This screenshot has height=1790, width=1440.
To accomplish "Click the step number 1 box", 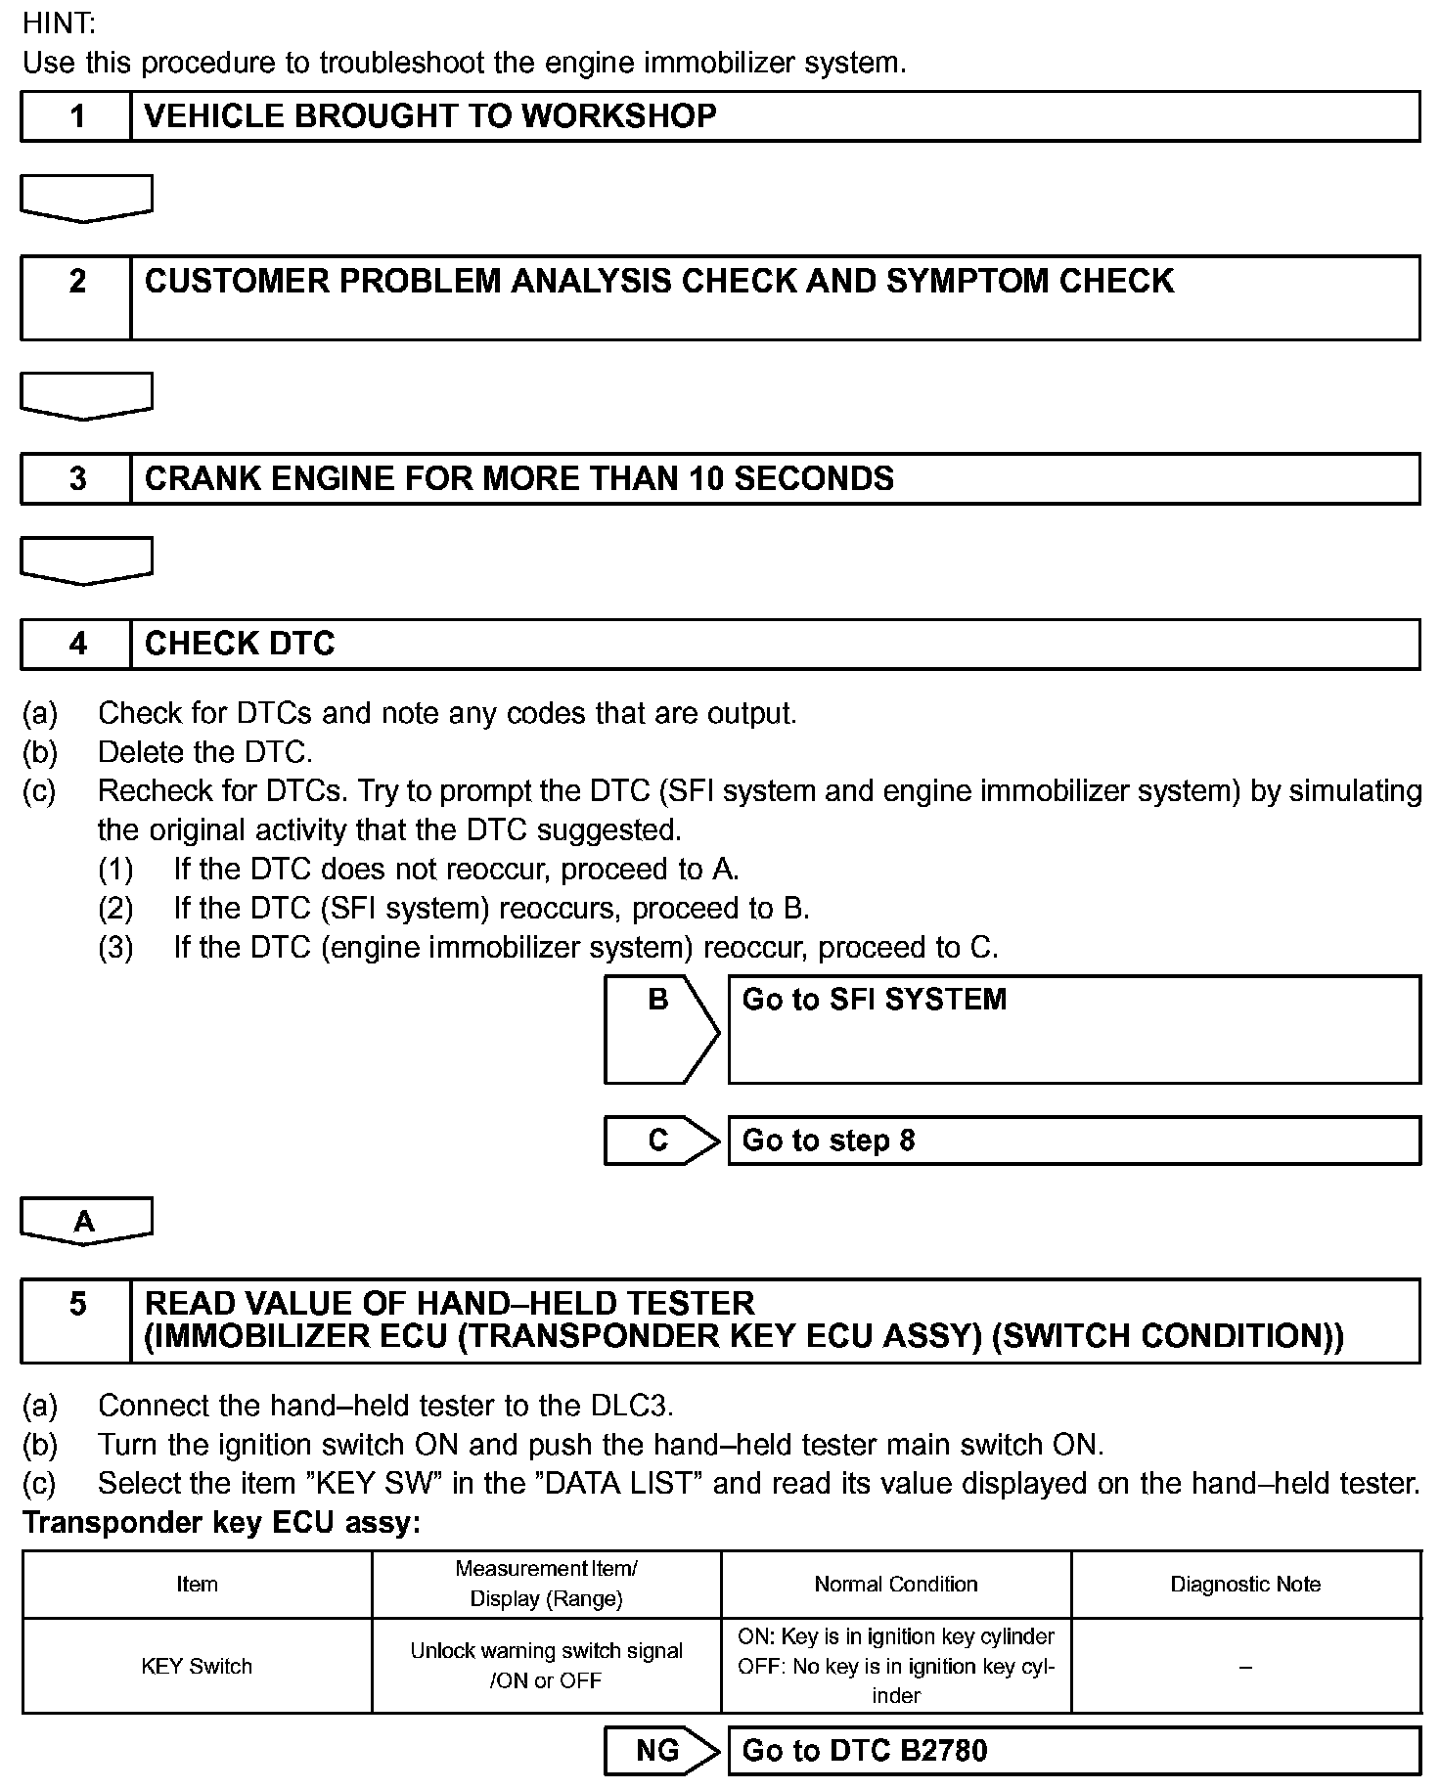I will coord(76,116).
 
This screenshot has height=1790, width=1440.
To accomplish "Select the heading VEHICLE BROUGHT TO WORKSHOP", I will coord(430,116).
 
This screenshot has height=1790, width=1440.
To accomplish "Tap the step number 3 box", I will coord(76,478).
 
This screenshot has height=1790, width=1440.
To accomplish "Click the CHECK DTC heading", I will coord(240,644).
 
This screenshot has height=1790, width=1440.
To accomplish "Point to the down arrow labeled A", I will coord(86,1221).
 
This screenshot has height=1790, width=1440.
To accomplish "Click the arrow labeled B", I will coord(661,1028).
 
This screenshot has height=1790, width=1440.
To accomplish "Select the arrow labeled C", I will coord(661,1141).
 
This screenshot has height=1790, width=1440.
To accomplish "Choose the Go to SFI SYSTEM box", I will coord(1073,1028).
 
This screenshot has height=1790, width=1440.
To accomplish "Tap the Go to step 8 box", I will coord(1073,1141).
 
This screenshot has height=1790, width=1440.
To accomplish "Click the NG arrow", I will coord(661,1750).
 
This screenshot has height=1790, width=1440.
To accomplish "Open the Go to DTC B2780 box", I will coord(1073,1750).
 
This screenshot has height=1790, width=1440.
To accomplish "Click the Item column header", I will coord(197,1584).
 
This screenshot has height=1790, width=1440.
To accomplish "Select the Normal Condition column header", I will coord(896,1584).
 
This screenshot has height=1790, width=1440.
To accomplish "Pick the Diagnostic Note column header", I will coord(1245,1584).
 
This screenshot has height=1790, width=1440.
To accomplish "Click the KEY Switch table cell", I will coord(197,1666).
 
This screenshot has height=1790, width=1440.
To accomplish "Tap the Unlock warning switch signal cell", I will coord(546,1665).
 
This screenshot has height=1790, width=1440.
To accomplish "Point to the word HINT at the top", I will coord(59,23).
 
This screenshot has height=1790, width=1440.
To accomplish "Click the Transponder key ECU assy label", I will coord(221,1523).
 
